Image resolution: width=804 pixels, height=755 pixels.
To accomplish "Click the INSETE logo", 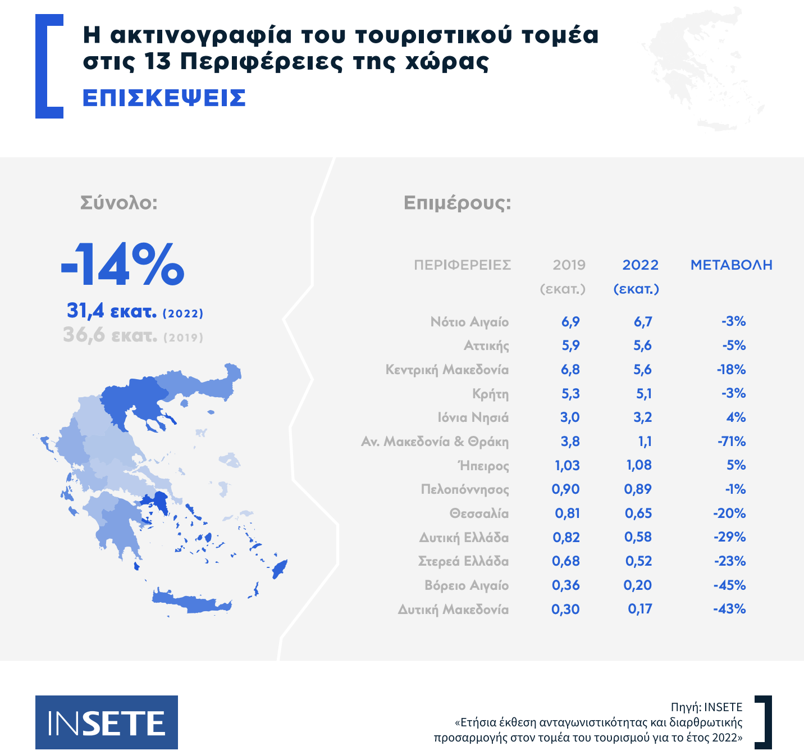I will (x=107, y=722).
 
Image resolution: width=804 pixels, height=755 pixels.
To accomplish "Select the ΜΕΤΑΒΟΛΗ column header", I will (x=731, y=265).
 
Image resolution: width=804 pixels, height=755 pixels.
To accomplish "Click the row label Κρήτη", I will (x=490, y=394).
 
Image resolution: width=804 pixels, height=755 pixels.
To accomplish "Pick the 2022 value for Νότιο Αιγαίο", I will (x=643, y=322).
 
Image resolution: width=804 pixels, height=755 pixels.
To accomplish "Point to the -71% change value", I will (x=732, y=442).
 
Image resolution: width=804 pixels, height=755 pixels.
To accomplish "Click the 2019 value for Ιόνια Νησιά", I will (x=570, y=417).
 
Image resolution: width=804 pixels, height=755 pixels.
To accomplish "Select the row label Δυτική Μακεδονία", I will (x=453, y=610).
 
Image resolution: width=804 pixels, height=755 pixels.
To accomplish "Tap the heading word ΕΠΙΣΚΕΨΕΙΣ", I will (x=164, y=98).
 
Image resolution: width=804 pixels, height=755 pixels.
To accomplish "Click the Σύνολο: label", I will (x=119, y=202).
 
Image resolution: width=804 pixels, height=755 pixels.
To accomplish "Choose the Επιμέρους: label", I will (x=458, y=202).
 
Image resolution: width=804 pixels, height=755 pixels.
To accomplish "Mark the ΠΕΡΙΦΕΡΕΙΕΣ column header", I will (x=462, y=265).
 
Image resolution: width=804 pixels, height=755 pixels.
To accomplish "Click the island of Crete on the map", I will (x=191, y=602).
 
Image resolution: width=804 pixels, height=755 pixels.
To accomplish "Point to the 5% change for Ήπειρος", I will (x=736, y=465).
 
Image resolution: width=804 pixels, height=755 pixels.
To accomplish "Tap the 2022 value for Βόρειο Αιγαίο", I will (x=638, y=585).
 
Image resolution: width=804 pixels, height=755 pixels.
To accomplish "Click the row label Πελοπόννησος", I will (x=465, y=489).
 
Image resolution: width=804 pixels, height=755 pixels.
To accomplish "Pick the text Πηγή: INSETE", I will (x=706, y=707).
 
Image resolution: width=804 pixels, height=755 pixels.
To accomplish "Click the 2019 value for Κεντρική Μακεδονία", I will (x=570, y=370).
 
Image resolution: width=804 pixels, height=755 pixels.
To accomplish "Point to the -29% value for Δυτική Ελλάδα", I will (x=730, y=537).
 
